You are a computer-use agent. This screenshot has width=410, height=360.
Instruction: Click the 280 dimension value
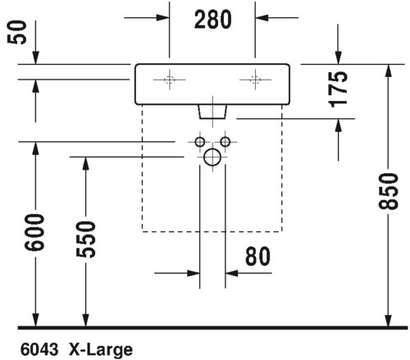(x=213, y=20)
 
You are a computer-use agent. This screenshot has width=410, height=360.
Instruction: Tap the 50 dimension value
(x=17, y=32)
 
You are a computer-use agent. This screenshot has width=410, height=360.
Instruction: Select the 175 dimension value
(x=338, y=89)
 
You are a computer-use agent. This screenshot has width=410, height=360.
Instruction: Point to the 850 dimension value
(x=389, y=191)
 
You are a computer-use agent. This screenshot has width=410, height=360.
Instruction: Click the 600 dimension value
(x=34, y=233)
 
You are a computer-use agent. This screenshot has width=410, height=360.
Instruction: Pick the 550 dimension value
(x=86, y=239)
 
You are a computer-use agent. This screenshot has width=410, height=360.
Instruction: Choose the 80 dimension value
(x=257, y=256)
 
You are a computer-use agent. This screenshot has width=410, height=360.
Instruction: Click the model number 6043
(x=39, y=349)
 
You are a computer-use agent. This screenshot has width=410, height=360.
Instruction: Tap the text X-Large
(x=101, y=350)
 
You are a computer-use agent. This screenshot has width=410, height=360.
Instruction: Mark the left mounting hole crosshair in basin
(x=170, y=80)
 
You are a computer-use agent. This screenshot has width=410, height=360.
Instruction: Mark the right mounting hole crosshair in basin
(x=255, y=80)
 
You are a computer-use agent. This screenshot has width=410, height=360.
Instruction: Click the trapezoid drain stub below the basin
(x=212, y=112)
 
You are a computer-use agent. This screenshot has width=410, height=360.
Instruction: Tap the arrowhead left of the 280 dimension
(x=162, y=18)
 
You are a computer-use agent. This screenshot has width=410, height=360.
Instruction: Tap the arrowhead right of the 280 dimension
(x=262, y=18)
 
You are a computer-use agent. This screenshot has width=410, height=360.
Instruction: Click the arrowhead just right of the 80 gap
(x=232, y=273)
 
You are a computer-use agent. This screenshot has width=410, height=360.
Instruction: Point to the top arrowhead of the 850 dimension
(x=389, y=71)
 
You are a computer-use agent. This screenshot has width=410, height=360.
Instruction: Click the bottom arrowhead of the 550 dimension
(x=86, y=320)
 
